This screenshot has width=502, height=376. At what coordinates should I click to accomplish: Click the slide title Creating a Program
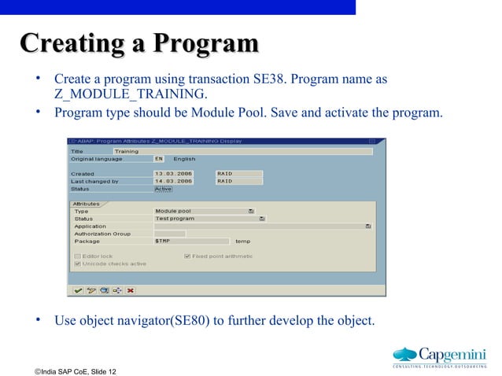[139, 42]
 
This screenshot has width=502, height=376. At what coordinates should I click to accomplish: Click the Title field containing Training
[242, 151]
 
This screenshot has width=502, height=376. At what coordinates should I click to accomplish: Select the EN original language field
[159, 159]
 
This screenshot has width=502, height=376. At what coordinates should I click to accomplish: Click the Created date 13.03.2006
[173, 174]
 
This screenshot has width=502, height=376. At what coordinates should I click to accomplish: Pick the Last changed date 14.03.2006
[173, 181]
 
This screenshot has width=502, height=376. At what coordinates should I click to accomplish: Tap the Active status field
[163, 189]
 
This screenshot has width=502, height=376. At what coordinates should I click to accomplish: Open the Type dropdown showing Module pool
[250, 211]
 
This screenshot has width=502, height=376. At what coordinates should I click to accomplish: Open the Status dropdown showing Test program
[262, 219]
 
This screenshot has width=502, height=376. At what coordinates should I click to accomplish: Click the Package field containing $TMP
[191, 241]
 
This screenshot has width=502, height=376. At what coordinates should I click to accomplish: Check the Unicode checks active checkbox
[77, 264]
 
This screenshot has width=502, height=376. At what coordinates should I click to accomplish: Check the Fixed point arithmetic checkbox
[187, 256]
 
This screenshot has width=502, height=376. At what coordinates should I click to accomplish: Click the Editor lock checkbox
[77, 256]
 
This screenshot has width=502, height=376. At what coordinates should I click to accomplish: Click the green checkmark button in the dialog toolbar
[78, 289]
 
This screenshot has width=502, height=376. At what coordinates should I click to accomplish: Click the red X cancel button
[131, 289]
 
